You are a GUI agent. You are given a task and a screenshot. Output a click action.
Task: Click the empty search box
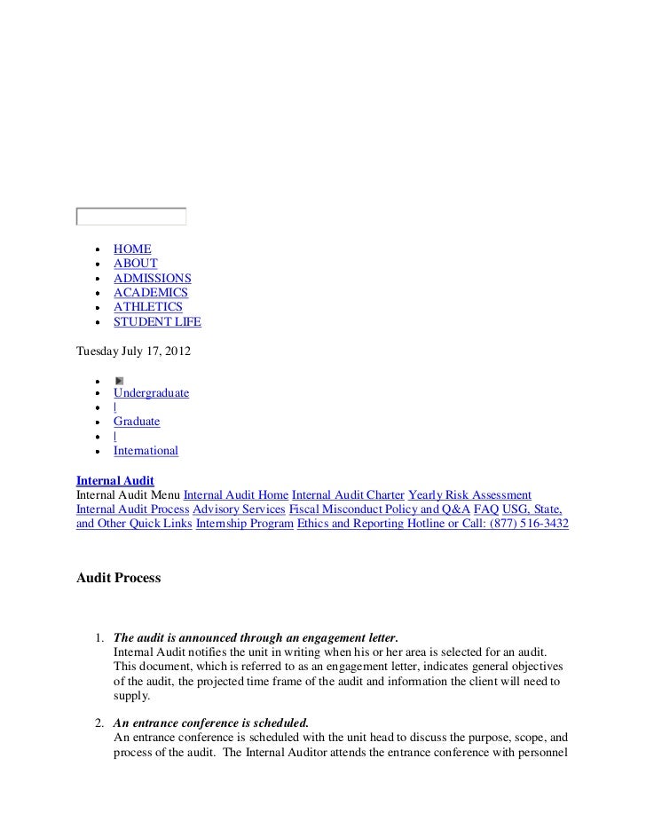[x=131, y=217]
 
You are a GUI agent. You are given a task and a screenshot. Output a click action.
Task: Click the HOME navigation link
[x=132, y=249]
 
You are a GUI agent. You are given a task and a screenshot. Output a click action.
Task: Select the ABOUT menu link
[x=135, y=264]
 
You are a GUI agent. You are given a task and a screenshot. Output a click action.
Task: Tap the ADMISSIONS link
[x=152, y=278]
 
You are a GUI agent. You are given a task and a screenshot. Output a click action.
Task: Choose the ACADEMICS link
[x=150, y=293]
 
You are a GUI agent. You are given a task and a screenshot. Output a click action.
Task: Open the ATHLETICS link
[x=147, y=307]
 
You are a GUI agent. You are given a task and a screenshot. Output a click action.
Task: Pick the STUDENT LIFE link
[x=157, y=321]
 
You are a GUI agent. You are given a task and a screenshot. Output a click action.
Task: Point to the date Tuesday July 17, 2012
[x=133, y=351]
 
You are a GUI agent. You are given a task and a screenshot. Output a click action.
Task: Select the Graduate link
[x=137, y=422]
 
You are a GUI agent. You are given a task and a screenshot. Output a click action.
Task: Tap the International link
[x=146, y=451]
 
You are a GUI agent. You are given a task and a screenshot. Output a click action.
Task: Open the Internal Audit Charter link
[x=348, y=494]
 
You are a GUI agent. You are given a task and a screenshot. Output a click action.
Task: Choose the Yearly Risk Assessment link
[x=469, y=494]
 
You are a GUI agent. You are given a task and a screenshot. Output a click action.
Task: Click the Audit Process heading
[x=118, y=578]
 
